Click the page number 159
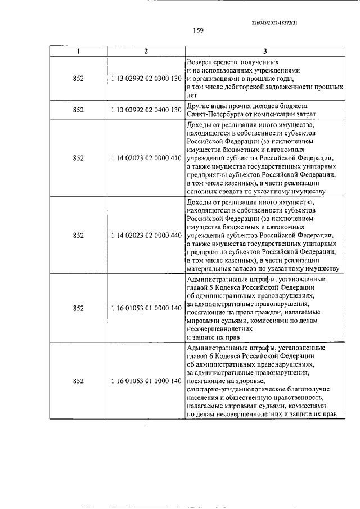[x=197, y=31]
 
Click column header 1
[x=78, y=52]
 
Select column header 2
[x=145, y=52]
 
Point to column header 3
[x=264, y=52]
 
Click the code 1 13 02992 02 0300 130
[x=145, y=79]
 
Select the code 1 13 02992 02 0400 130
[x=145, y=110]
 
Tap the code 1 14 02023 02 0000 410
[x=145, y=158]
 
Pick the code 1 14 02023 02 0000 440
[x=145, y=236]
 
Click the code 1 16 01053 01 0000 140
[x=145, y=308]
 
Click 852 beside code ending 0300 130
[x=78, y=79]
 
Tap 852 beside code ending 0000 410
[x=78, y=158]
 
